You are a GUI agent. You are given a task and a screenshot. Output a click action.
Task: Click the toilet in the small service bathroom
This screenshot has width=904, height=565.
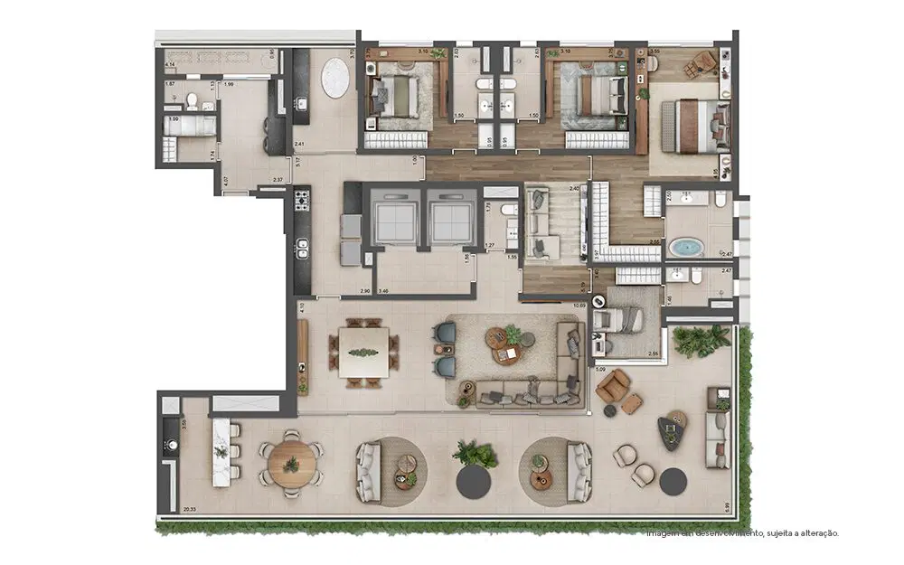coord(193,99)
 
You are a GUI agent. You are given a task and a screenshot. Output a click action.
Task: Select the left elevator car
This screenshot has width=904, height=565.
coord(392,218)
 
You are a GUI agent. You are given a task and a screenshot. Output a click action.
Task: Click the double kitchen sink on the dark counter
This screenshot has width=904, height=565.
coord(301,248)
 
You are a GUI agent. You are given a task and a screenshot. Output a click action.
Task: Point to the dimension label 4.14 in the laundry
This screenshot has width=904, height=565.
coord(170,65)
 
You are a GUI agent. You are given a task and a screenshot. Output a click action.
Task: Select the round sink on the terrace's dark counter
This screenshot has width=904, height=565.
coord(169,446)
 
